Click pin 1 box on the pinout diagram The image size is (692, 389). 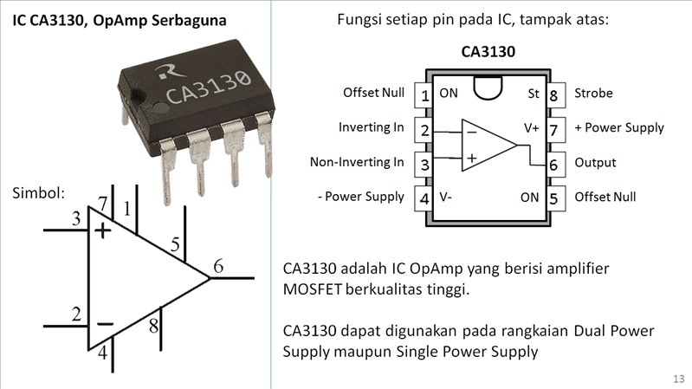(424, 94)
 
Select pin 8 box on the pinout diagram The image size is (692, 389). (553, 94)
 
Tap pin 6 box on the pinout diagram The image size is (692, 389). (553, 163)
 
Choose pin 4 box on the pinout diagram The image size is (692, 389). (424, 198)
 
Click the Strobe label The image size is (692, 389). (593, 93)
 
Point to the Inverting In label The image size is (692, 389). (371, 127)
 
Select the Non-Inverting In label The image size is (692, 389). (357, 162)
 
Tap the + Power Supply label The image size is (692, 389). (618, 127)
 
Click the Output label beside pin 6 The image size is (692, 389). (595, 162)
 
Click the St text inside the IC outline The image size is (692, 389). (534, 93)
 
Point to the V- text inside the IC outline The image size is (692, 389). (446, 197)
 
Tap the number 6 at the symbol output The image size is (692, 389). (218, 267)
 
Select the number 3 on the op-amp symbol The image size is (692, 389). (76, 219)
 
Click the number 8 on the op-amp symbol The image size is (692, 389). (153, 327)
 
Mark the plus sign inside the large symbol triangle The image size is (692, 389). (104, 230)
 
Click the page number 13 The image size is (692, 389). (678, 379)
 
